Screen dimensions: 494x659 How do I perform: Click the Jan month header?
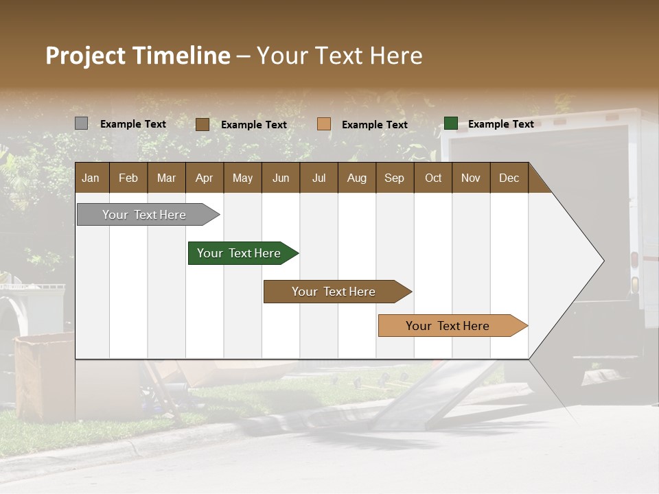click(91, 178)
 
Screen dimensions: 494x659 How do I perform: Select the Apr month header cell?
click(204, 178)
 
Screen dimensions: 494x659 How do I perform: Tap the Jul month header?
click(319, 178)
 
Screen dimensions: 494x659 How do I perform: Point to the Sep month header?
click(394, 178)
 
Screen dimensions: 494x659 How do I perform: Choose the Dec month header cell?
click(509, 178)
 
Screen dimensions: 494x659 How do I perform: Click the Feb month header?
click(128, 178)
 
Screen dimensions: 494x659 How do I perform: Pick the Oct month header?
click(433, 178)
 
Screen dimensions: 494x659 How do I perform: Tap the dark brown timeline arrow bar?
click(334, 292)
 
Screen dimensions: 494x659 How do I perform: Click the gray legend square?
click(81, 123)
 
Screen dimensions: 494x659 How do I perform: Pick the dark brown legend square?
click(202, 124)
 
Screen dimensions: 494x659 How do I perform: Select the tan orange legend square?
click(324, 124)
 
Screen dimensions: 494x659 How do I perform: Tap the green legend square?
click(451, 123)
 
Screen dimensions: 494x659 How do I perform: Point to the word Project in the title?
click(86, 56)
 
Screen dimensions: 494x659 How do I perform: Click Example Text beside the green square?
click(500, 124)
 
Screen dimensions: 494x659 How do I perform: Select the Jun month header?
click(281, 178)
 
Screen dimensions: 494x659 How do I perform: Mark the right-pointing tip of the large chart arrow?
click(603, 260)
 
